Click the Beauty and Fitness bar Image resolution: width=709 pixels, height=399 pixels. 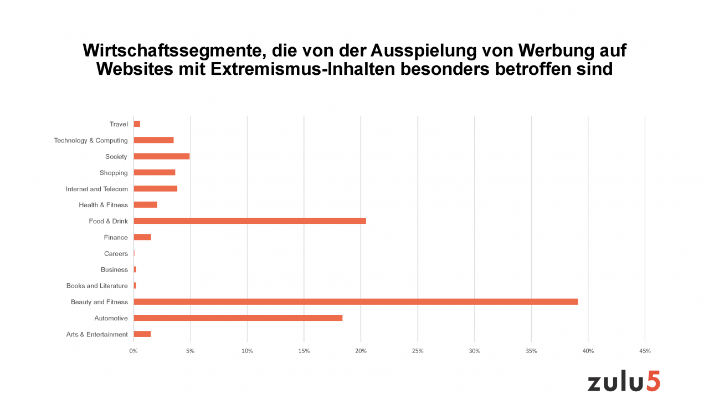click(x=356, y=302)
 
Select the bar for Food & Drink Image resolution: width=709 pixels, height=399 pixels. click(x=250, y=221)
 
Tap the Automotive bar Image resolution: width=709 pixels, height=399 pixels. click(x=238, y=318)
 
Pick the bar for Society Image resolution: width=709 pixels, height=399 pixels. click(x=162, y=156)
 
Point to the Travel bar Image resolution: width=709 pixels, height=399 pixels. click(x=137, y=124)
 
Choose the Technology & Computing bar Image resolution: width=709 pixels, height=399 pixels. click(x=153, y=140)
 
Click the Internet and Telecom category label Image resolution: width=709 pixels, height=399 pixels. click(x=96, y=189)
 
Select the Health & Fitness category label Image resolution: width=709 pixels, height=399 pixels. click(x=103, y=205)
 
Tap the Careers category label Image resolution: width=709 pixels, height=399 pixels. click(x=116, y=254)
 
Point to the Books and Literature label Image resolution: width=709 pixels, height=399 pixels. click(x=97, y=286)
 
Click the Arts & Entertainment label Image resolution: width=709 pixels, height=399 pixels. click(x=97, y=335)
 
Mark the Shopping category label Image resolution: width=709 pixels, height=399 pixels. click(x=114, y=173)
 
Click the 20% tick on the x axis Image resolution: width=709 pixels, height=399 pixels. click(x=361, y=351)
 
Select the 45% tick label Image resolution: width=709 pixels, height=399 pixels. click(x=645, y=351)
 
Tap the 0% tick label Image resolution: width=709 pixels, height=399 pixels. click(x=133, y=351)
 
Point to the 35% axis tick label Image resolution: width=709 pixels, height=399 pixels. click(x=531, y=351)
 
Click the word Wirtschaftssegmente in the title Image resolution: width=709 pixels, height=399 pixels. click(x=169, y=50)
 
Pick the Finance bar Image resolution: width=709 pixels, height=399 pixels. click(x=142, y=237)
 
